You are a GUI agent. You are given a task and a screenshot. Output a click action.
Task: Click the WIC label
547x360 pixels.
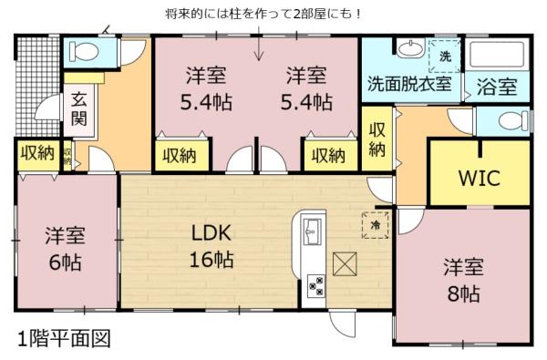[479, 177]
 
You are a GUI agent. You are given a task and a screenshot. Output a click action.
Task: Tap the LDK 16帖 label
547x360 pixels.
[212, 245]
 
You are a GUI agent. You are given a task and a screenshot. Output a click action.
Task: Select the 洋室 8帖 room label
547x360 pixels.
[462, 280]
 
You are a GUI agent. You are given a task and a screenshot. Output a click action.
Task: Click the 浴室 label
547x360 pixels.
[497, 87]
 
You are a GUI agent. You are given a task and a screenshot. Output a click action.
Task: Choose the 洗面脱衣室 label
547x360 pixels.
[409, 83]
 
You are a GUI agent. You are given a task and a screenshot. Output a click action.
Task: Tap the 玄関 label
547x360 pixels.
[79, 108]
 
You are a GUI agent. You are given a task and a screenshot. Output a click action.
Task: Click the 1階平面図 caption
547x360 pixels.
[64, 339]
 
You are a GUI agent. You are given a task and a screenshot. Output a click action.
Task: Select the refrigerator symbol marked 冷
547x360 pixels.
[374, 224]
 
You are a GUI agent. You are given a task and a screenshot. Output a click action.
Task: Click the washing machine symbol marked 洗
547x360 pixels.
[446, 56]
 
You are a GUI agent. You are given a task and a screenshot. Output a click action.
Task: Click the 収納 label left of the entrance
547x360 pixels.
[37, 153]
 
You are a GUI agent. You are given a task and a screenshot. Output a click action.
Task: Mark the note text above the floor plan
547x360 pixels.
[251, 14]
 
